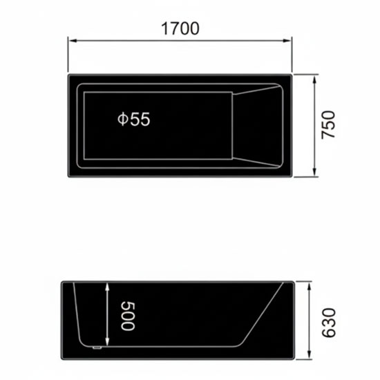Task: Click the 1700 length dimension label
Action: pyautogui.click(x=180, y=28)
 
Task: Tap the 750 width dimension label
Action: pyautogui.click(x=328, y=125)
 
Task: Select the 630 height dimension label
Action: pyautogui.click(x=329, y=323)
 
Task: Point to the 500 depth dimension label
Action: pyautogui.click(x=128, y=316)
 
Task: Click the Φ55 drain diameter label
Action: pyautogui.click(x=134, y=119)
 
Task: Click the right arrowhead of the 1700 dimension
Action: pyautogui.click(x=287, y=41)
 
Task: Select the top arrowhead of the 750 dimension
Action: pyautogui.click(x=314, y=79)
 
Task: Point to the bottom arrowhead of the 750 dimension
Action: pyautogui.click(x=314, y=172)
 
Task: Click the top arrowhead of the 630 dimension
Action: pyautogui.click(x=309, y=286)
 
